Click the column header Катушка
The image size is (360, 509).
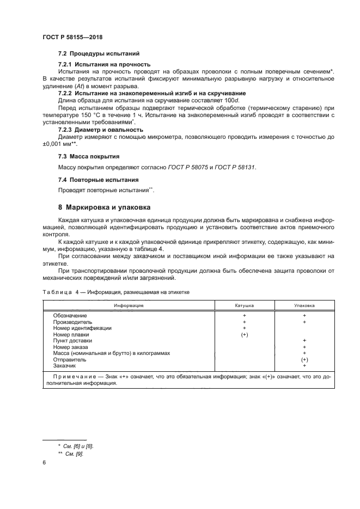(245, 306)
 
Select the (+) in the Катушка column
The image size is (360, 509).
(245, 335)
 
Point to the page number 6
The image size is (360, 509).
(44, 463)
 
